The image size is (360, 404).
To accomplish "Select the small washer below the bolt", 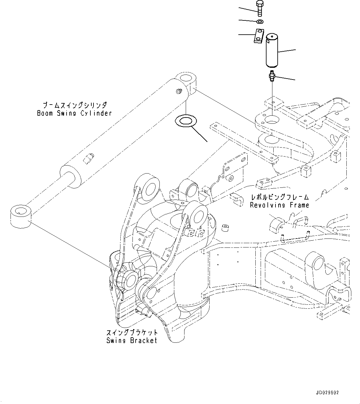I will [x=260, y=21].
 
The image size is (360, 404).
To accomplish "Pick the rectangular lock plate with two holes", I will [x=258, y=36].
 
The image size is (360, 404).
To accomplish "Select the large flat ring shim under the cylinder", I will [x=185, y=121].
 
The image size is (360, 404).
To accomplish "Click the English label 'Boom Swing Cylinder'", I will [x=74, y=113].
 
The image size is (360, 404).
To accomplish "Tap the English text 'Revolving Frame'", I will [x=279, y=205].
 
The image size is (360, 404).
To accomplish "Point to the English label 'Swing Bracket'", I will [x=132, y=341].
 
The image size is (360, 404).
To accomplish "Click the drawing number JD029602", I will [x=327, y=393].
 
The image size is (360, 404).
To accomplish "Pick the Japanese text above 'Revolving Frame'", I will [x=280, y=197].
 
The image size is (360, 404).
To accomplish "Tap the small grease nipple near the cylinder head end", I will [x=179, y=91].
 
